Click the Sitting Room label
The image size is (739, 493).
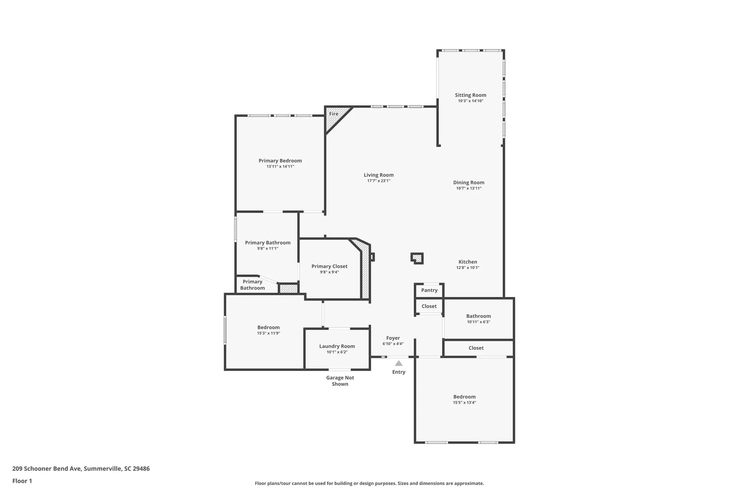(470, 95)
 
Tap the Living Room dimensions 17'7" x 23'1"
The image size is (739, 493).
(378, 181)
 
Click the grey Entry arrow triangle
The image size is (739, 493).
(399, 363)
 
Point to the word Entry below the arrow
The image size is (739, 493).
(399, 372)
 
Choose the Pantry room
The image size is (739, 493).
(429, 290)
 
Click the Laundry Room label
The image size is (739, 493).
(337, 346)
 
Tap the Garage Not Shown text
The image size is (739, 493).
(340, 381)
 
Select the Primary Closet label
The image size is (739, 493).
(329, 266)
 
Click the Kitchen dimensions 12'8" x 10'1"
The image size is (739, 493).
(467, 268)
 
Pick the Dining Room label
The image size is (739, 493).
(469, 182)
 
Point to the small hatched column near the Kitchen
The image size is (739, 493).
(417, 258)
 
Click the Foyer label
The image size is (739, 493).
(393, 338)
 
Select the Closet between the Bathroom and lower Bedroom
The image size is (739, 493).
(476, 348)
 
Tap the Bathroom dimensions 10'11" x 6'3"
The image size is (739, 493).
(478, 322)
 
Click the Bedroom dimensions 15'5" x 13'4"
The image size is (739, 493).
(464, 403)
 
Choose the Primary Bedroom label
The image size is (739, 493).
(280, 161)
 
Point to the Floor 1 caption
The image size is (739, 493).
(22, 481)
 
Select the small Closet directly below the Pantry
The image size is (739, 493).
(429, 306)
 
